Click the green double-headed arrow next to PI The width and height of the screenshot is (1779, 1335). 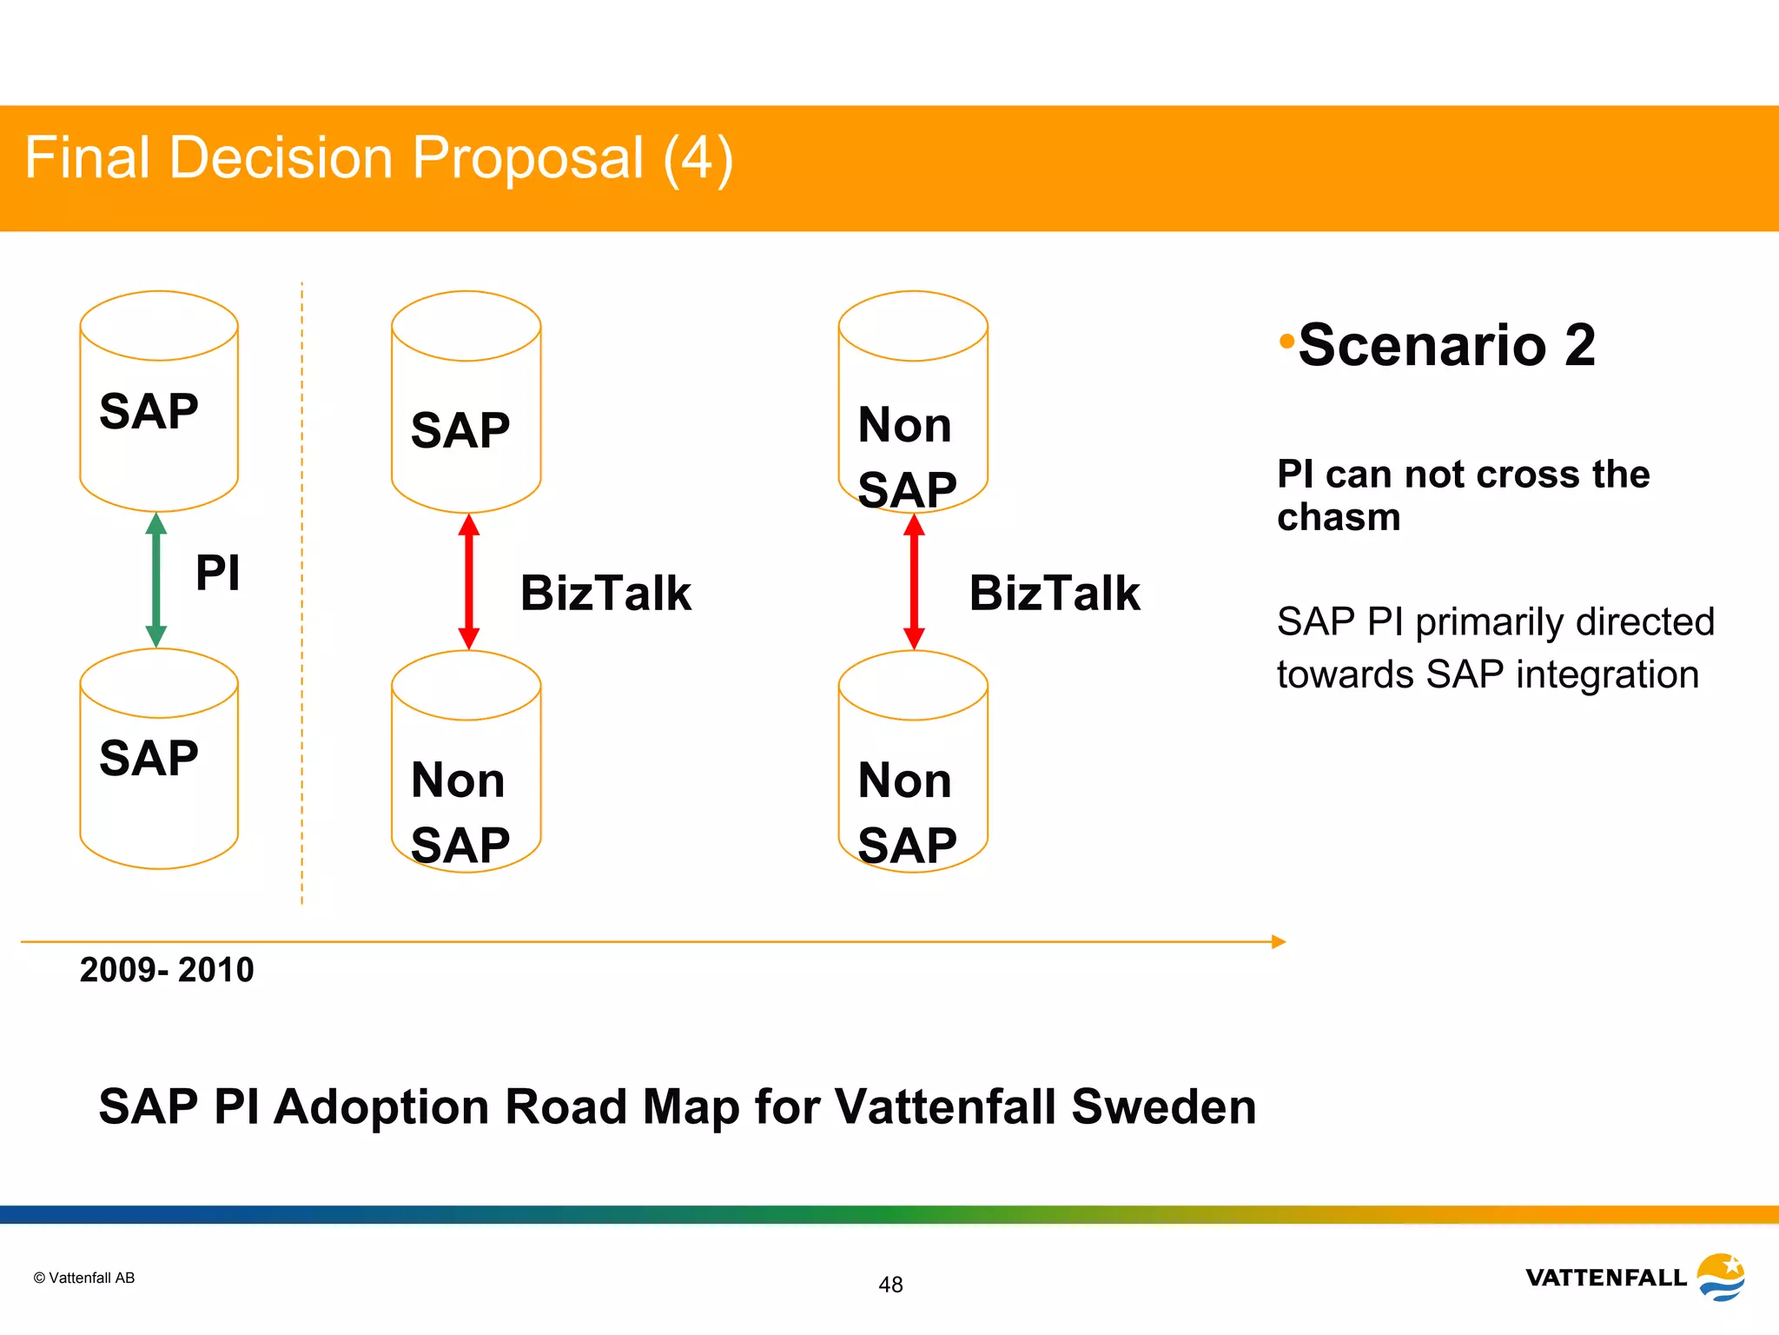pos(156,580)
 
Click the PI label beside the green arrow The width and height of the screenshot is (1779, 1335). pos(217,573)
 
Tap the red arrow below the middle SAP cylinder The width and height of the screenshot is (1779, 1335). pos(468,581)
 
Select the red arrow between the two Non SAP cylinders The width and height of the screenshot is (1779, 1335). pos(914,581)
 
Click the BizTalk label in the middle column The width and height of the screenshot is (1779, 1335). pos(605,594)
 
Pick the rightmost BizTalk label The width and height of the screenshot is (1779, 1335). pos(1054,594)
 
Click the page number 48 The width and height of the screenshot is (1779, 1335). pos(890,1285)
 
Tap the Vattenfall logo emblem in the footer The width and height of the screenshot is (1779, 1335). pos(1721,1277)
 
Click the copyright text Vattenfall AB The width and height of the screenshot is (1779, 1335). pos(84,1278)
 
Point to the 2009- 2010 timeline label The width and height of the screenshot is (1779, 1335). pos(167,970)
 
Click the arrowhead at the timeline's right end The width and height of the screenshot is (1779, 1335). pos(1278,941)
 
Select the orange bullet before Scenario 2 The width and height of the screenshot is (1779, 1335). pos(1286,341)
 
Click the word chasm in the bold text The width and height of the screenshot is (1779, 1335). pos(1339,518)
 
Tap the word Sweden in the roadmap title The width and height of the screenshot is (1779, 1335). pos(1163,1106)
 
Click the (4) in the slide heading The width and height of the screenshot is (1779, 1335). pos(698,158)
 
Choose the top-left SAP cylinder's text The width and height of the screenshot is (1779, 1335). pos(149,411)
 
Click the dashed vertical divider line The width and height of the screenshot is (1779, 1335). pos(302,591)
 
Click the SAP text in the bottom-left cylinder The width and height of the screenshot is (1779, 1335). pos(149,758)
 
